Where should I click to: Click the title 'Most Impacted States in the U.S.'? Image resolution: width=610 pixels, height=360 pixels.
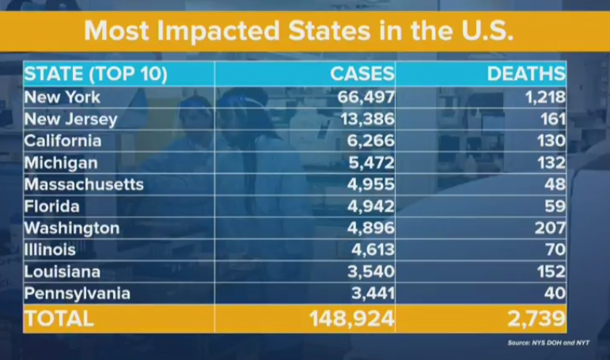(x=305, y=31)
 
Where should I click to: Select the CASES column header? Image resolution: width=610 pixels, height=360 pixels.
(x=362, y=74)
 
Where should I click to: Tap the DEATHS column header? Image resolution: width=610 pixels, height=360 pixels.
(x=526, y=74)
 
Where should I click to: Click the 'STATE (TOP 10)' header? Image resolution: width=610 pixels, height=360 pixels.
(x=96, y=74)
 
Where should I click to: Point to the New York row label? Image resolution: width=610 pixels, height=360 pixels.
(x=63, y=97)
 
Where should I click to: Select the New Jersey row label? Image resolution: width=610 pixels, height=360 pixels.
(x=71, y=119)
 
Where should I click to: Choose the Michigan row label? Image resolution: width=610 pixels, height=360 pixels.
(x=62, y=163)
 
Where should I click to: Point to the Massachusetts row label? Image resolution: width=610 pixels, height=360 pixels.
(x=84, y=184)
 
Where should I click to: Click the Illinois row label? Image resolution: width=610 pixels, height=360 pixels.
(x=51, y=250)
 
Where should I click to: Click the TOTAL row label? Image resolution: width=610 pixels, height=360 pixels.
(x=59, y=319)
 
